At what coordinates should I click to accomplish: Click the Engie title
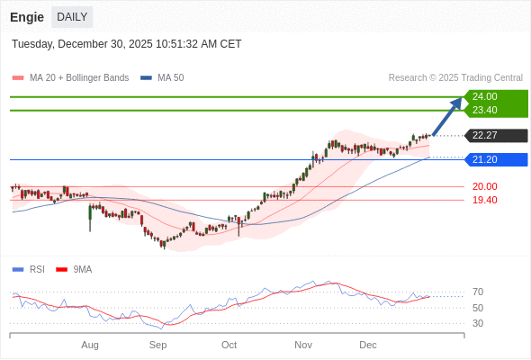click(x=27, y=17)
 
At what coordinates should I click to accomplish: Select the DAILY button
click(x=72, y=17)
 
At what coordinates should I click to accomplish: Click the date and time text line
click(x=127, y=43)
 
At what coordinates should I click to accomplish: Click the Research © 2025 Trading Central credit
click(x=455, y=77)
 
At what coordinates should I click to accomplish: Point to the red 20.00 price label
click(x=484, y=186)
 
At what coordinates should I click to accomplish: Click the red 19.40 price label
click(x=484, y=200)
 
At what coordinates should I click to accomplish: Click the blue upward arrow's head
click(x=458, y=102)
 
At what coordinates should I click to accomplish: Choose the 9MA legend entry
click(x=82, y=269)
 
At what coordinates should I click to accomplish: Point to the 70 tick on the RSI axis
click(x=478, y=292)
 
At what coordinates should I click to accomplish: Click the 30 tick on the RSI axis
click(x=478, y=323)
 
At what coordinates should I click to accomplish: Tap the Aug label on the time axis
click(x=90, y=345)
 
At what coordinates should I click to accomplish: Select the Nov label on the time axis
click(x=302, y=345)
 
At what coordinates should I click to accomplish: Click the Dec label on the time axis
click(x=367, y=345)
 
